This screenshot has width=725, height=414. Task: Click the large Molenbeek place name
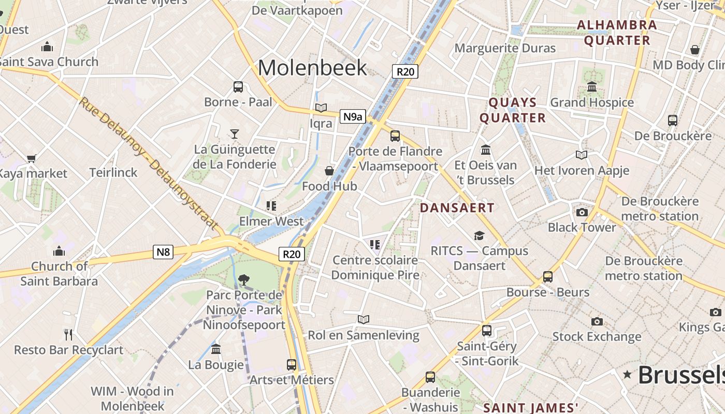(x=312, y=68)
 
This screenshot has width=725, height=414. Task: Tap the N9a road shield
(x=353, y=116)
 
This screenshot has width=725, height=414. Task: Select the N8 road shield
(x=163, y=252)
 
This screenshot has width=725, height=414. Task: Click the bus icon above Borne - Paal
(x=238, y=87)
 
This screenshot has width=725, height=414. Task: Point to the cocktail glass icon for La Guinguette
(x=235, y=134)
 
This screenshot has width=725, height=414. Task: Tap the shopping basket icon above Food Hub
(x=329, y=171)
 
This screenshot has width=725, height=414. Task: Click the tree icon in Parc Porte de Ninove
(x=243, y=280)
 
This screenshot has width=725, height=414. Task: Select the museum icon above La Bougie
(x=216, y=349)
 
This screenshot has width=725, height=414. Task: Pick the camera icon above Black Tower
(x=582, y=212)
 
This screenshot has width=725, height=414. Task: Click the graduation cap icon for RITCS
(x=479, y=236)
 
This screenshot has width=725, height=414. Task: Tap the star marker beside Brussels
(x=628, y=374)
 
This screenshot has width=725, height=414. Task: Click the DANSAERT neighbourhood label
(x=457, y=208)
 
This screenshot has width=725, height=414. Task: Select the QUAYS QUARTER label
(x=513, y=110)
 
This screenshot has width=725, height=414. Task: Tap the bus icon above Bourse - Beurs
(x=548, y=277)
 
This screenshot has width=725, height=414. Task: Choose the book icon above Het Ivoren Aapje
(x=582, y=155)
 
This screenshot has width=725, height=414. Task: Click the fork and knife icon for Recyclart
(x=68, y=334)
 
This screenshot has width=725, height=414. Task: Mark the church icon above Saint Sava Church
(x=48, y=47)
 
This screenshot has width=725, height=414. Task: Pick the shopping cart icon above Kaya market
(x=32, y=158)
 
